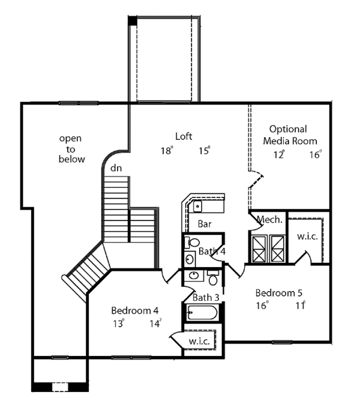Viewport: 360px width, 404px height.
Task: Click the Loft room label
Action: point(184,136)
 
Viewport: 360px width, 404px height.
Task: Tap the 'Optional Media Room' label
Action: point(288,135)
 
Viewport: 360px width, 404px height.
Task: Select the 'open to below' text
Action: point(71,149)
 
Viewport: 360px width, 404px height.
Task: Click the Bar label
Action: point(204,224)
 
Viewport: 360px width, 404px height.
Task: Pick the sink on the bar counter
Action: point(197,207)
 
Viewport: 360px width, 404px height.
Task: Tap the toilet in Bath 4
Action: point(188,243)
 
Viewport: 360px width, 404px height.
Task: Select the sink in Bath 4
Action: point(188,259)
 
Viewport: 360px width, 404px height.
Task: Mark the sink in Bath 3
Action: point(193,276)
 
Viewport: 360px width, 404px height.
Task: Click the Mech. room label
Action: point(269,220)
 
